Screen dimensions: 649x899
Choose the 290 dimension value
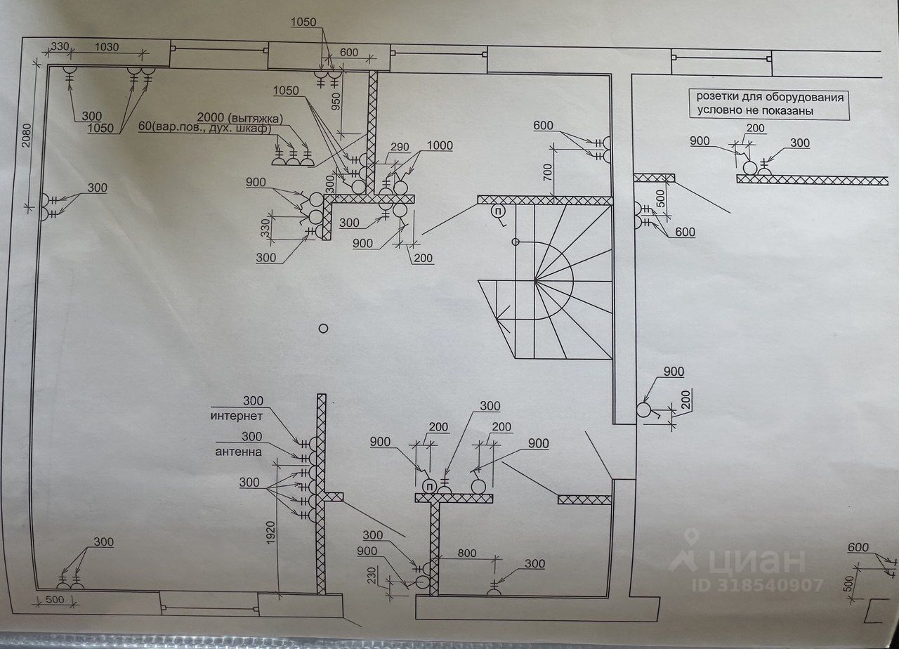[400, 148]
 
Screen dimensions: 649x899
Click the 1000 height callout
[438, 145]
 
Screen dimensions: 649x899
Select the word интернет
[236, 416]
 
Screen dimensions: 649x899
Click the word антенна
[239, 452]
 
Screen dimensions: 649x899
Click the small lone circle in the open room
[323, 327]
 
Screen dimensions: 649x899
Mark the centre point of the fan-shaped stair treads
[535, 281]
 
